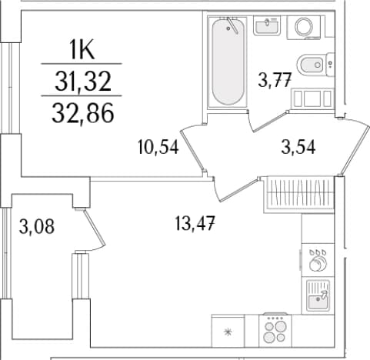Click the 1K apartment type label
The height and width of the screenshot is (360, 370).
pos(82,49)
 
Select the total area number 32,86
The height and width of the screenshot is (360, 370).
pos(83,113)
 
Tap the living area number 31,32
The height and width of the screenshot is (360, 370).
pos(83,81)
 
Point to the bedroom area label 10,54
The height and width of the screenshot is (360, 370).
pos(158,147)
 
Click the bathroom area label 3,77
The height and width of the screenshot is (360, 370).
pos(275,80)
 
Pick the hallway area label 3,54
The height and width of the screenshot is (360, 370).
pos(298,148)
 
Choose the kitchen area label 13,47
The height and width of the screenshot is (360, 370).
pos(195,223)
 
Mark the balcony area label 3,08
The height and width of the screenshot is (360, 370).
pos(37,227)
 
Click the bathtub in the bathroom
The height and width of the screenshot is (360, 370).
pos(228,62)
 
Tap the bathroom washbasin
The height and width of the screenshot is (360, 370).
pos(267,25)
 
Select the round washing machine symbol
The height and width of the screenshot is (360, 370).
pos(304,27)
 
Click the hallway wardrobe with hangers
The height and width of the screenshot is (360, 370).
pos(299,195)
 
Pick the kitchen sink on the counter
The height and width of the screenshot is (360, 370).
pos(318,295)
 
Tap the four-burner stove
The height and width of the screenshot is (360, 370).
pos(275,331)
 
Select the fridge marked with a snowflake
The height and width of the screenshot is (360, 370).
pos(228,331)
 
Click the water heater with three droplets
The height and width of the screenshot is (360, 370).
pos(318,260)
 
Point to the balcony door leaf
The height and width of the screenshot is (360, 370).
pos(95,228)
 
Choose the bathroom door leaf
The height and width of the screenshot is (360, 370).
pos(270,121)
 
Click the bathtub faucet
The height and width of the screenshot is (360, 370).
pos(232,25)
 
